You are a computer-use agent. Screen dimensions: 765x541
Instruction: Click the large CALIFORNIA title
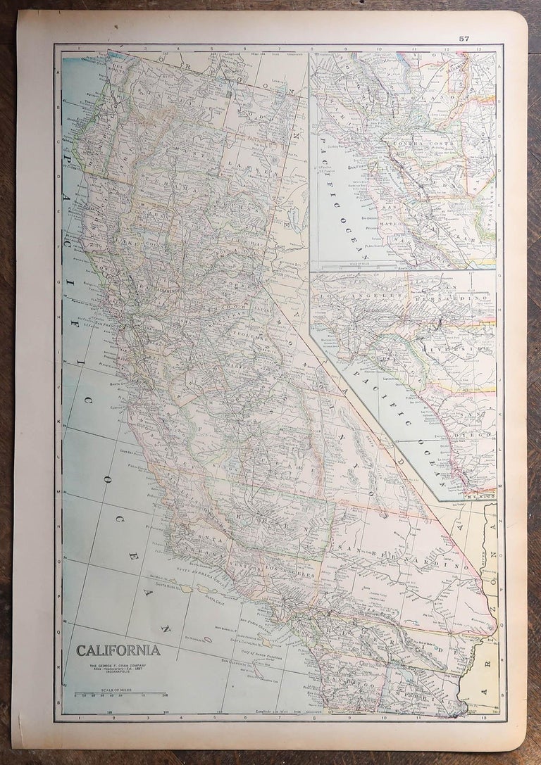[x=118, y=650]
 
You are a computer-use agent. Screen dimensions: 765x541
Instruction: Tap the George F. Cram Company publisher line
[x=116, y=664]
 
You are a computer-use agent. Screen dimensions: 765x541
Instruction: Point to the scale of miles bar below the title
[x=116, y=695]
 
